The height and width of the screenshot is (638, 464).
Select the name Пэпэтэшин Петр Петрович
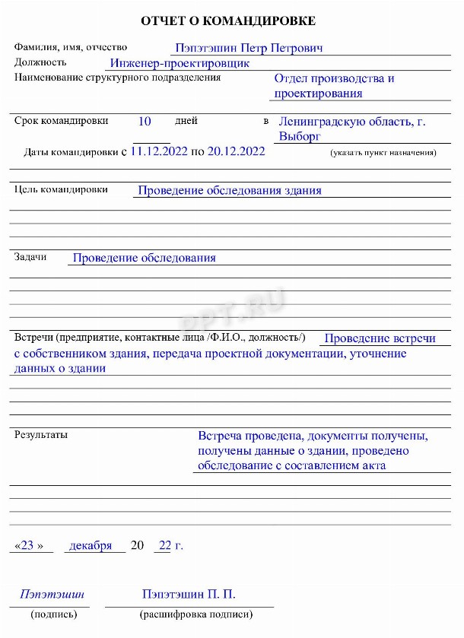(x=249, y=48)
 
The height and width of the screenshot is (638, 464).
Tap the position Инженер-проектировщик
(x=180, y=64)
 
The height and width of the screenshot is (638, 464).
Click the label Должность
(x=40, y=62)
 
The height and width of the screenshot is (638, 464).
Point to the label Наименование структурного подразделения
(x=118, y=78)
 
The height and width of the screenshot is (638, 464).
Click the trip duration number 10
(x=145, y=121)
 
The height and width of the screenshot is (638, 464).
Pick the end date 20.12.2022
(x=236, y=151)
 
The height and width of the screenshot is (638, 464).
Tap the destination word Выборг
(x=300, y=136)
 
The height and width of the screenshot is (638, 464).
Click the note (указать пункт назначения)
(x=383, y=153)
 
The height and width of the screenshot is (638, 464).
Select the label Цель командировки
(x=61, y=189)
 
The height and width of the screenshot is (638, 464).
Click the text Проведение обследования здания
(x=229, y=191)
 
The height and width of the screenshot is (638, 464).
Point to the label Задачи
(x=30, y=257)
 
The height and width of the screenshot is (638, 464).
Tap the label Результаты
(x=41, y=435)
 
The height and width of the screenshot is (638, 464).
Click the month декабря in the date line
(x=91, y=545)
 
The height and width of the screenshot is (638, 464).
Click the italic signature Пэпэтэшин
(x=52, y=594)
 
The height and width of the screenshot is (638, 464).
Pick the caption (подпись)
(x=53, y=614)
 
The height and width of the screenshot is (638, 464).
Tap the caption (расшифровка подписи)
(x=195, y=614)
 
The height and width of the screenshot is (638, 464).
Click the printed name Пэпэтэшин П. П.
(x=194, y=594)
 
